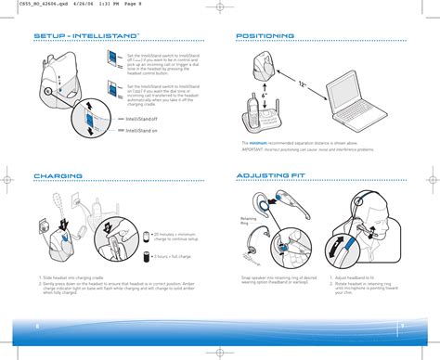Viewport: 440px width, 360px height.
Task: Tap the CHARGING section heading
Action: (58, 174)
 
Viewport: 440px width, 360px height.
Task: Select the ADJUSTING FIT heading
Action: (271, 174)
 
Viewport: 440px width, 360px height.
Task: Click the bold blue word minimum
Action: (257, 143)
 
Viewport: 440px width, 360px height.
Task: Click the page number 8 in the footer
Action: (37, 325)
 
